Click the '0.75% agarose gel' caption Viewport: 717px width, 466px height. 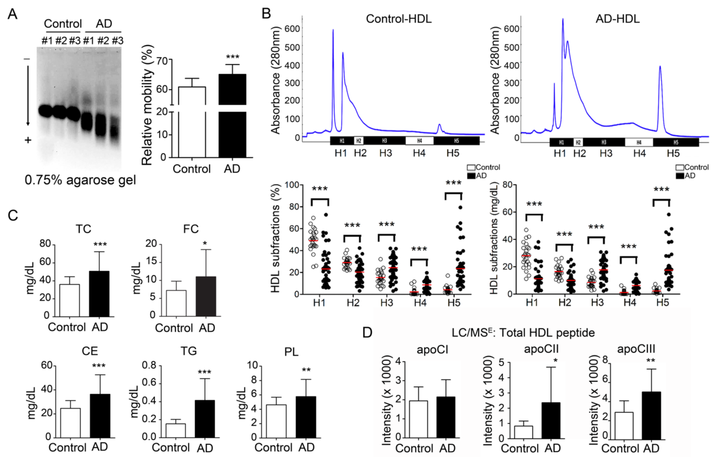[80, 180]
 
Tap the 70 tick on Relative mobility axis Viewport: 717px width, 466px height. [162, 61]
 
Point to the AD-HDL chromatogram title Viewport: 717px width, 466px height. [618, 19]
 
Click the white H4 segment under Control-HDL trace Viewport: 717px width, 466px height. [419, 141]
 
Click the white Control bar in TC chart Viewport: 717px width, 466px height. [70, 300]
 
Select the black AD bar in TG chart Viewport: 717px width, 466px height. [205, 419]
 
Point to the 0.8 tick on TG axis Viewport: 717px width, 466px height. [149, 365]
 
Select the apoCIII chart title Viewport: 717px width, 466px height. [636, 349]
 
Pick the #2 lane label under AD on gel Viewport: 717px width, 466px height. [103, 41]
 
